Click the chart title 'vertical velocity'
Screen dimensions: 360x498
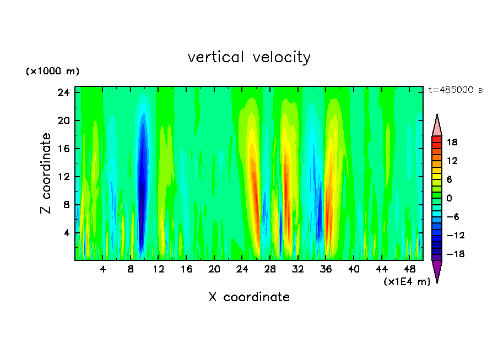point(249,57)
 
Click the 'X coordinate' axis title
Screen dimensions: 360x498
point(249,297)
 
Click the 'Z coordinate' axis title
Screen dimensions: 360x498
point(46,173)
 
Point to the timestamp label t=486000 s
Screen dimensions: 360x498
point(455,90)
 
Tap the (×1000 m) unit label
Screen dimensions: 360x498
point(52,72)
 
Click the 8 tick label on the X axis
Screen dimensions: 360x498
point(131,269)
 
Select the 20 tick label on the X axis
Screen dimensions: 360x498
point(214,269)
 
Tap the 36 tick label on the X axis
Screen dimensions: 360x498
point(326,269)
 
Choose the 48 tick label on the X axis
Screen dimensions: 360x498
point(409,269)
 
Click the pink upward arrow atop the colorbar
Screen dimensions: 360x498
point(437,125)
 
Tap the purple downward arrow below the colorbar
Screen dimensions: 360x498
point(437,270)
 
